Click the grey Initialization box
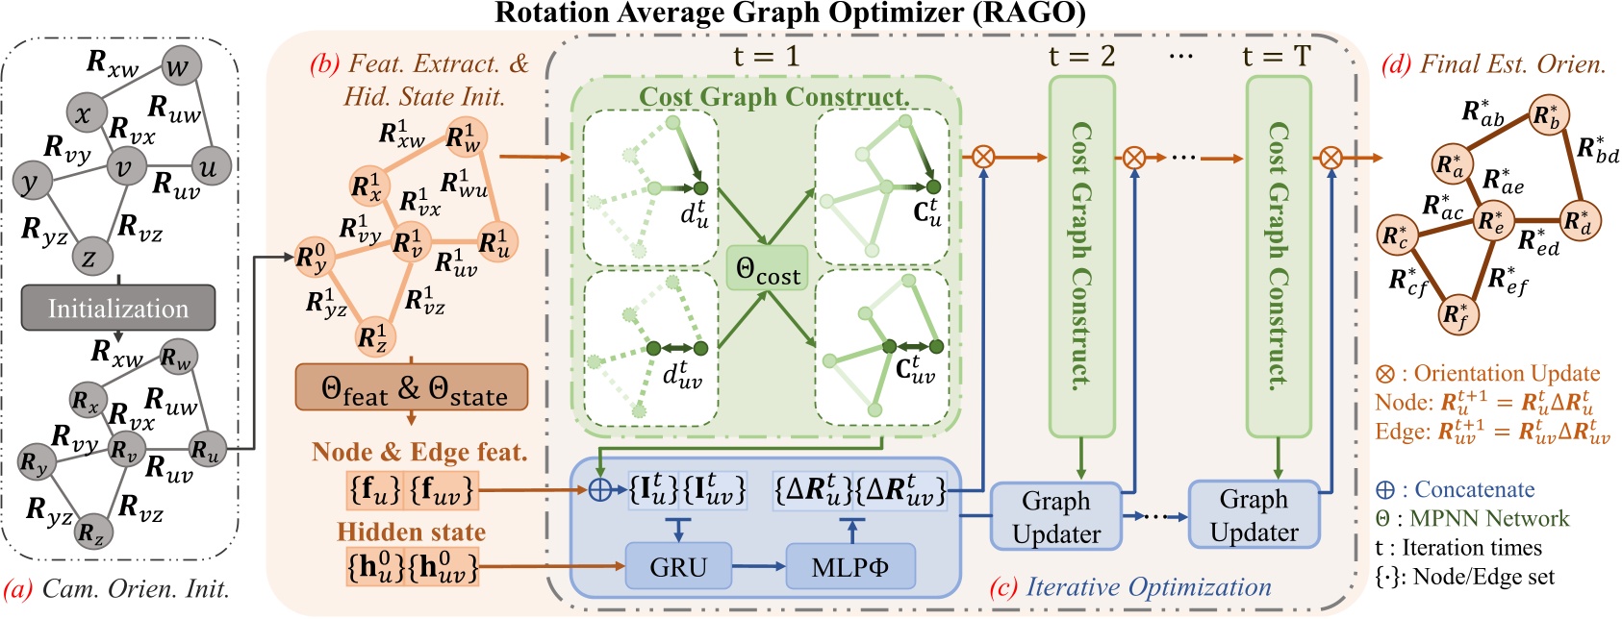[118, 309]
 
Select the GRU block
[678, 566]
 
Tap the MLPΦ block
[850, 566]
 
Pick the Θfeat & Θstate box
[412, 387]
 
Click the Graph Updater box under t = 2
[1056, 516]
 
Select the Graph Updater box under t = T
[1254, 515]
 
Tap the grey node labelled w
[177, 66]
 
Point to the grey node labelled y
[32, 180]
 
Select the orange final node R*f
[1457, 313]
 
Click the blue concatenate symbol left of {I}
[599, 490]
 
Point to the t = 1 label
[766, 57]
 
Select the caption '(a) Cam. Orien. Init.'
[117, 587]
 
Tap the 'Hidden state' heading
[411, 532]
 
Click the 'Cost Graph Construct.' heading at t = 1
[774, 96]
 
